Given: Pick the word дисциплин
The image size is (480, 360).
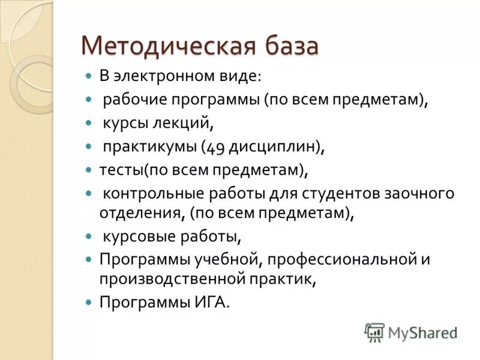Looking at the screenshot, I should [272, 146].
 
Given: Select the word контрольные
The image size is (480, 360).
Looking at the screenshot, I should [154, 194].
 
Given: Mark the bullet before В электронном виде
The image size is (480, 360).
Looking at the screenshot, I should [88, 77].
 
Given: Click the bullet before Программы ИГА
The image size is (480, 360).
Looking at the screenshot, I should [88, 302].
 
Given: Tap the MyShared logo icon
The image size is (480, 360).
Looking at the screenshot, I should [374, 332].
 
